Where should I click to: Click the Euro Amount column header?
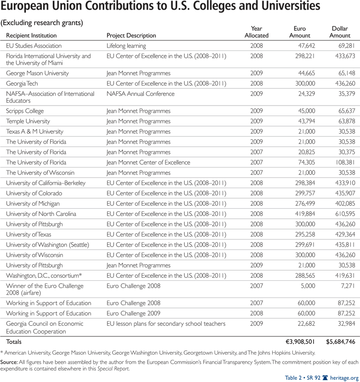point(300,32)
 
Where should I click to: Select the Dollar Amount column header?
point(340,32)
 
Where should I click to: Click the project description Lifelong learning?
point(126,46)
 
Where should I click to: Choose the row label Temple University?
point(28,121)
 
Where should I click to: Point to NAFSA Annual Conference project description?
point(140,94)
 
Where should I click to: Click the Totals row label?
point(14,342)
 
